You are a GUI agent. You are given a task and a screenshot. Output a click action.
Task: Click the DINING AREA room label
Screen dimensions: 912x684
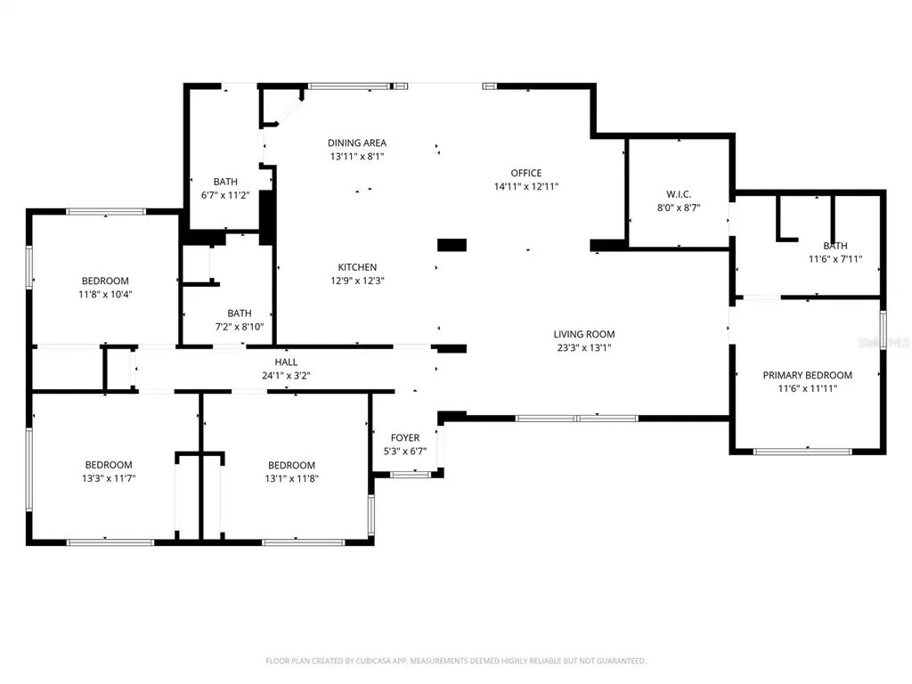356,143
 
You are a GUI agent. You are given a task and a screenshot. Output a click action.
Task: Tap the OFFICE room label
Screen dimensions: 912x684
525,174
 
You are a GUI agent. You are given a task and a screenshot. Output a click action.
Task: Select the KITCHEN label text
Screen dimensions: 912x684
357,267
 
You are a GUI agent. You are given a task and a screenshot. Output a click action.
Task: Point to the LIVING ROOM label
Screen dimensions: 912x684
584,335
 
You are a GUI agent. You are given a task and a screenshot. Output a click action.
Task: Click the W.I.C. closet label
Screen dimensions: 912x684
679,194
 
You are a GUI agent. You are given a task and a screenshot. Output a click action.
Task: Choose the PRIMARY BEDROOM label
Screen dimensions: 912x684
807,376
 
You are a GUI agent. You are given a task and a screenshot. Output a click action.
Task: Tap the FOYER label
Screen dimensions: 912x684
405,438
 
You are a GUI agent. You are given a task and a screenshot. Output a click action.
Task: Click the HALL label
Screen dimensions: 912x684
286,362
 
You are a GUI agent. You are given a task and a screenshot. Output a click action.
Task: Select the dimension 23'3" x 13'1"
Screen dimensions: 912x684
584,348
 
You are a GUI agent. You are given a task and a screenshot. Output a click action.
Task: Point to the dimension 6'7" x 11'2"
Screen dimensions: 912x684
225,195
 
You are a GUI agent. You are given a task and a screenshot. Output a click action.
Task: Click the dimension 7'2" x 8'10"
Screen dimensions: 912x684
240,327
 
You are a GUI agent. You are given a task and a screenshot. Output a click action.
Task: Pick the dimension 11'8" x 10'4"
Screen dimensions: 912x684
105,294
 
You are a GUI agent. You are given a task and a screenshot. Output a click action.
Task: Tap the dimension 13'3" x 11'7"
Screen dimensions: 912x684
109,478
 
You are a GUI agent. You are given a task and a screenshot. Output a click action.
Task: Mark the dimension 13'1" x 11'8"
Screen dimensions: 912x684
291,479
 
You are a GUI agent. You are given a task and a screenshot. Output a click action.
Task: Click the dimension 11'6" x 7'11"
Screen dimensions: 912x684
835,259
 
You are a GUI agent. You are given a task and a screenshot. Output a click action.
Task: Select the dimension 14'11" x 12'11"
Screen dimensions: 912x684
525,187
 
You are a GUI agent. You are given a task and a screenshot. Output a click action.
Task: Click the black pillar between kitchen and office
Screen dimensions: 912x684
452,245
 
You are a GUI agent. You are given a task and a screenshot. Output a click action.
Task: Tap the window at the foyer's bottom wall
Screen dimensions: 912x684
410,475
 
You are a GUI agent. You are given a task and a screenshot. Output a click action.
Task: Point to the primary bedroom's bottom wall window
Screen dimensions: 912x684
802,452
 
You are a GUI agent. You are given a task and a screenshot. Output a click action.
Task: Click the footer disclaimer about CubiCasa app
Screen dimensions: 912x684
455,662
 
